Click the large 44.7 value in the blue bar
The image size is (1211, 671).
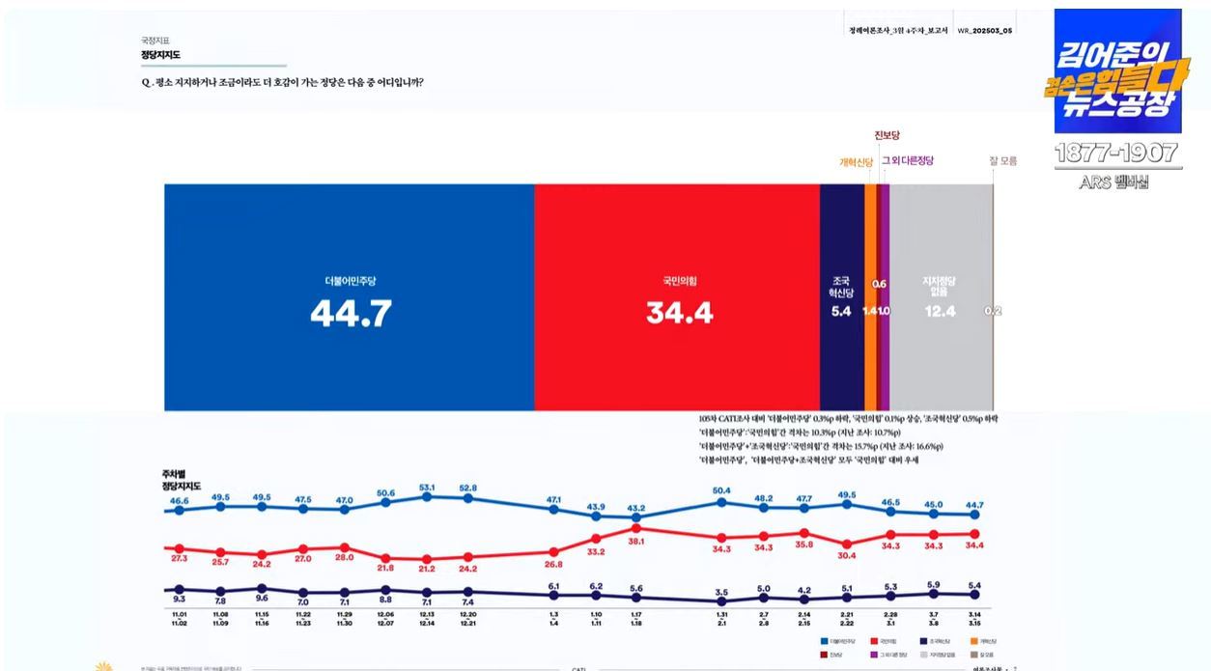click(x=351, y=313)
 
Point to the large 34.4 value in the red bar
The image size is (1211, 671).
click(x=679, y=313)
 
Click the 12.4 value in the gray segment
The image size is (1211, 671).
click(x=940, y=311)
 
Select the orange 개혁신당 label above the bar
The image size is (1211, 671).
click(x=856, y=162)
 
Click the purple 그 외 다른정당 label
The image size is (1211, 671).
click(x=908, y=161)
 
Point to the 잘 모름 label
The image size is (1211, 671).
click(x=1002, y=161)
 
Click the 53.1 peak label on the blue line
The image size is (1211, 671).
click(x=426, y=488)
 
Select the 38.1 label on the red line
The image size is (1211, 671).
click(x=636, y=542)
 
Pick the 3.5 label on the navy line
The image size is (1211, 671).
click(x=720, y=592)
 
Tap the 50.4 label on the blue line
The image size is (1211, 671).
click(x=720, y=490)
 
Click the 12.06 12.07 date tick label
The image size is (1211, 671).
click(x=385, y=619)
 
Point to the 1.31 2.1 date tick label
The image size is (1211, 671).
click(x=720, y=619)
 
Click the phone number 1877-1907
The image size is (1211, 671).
click(x=1115, y=153)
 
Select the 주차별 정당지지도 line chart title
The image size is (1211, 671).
click(x=182, y=480)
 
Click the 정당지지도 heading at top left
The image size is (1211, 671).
click(x=160, y=55)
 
